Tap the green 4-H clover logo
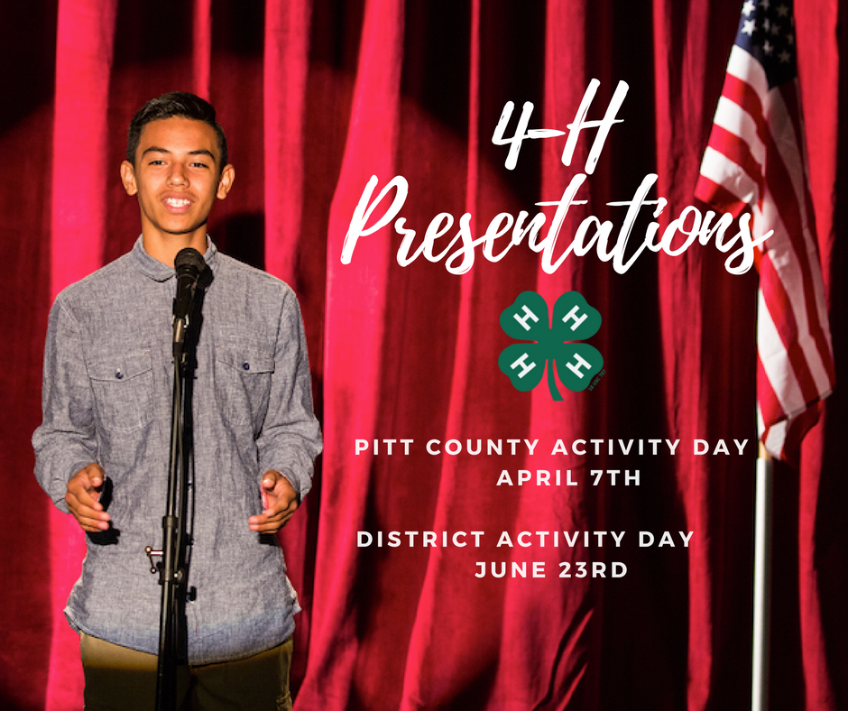pyautogui.click(x=550, y=345)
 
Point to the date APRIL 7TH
pyautogui.click(x=568, y=478)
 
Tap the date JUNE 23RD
pyautogui.click(x=551, y=569)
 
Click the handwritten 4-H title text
pyautogui.click(x=559, y=125)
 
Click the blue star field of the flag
pyautogui.click(x=767, y=32)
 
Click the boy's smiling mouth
pyautogui.click(x=178, y=203)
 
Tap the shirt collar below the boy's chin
pyautogui.click(x=172, y=257)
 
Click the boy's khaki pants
pyautogui.click(x=187, y=677)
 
